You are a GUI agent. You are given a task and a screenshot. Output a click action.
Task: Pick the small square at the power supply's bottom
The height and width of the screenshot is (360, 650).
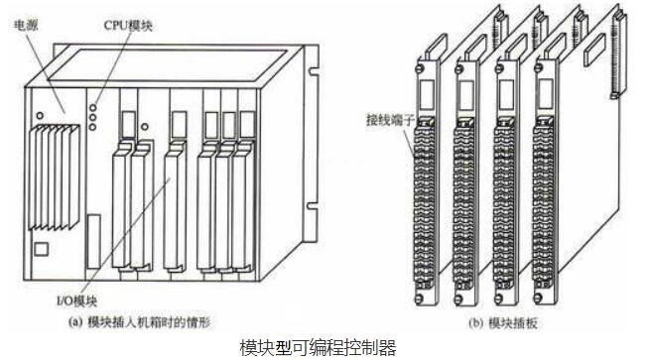[x=42, y=247]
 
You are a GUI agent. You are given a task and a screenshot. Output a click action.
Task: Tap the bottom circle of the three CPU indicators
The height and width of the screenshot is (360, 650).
[x=93, y=125]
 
